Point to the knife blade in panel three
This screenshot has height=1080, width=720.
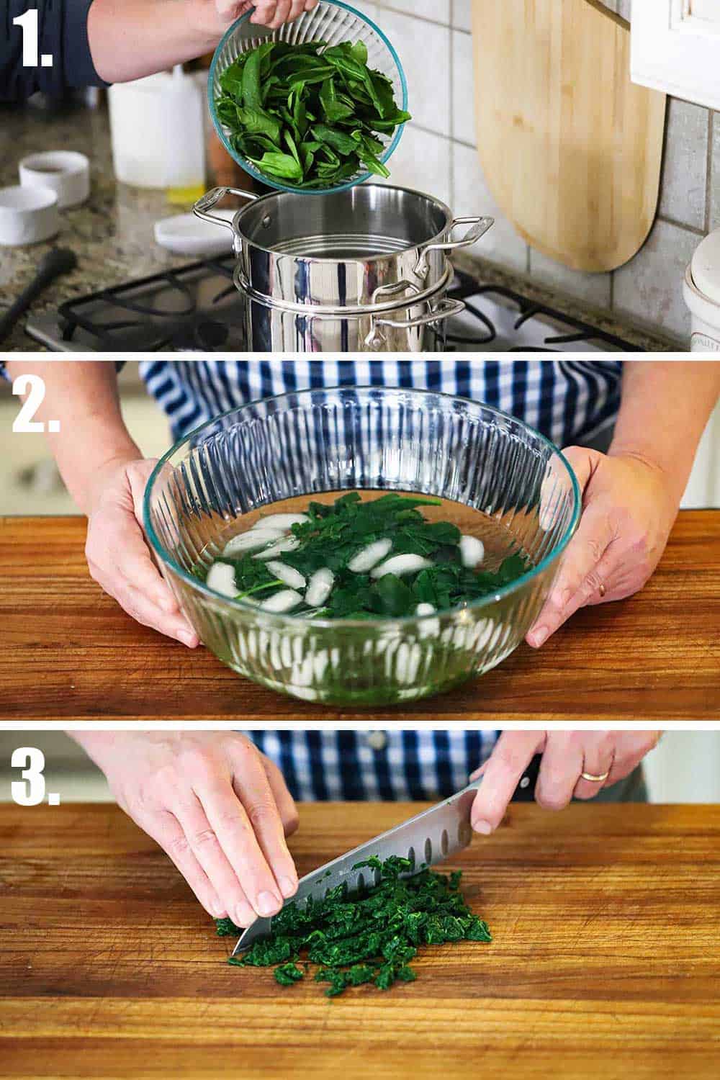pos(374,857)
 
